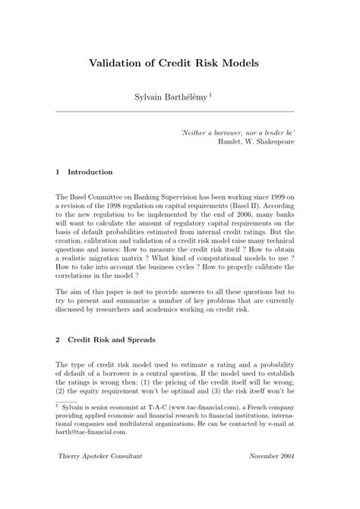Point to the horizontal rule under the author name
click(x=180, y=111)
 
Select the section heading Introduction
click(x=90, y=172)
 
